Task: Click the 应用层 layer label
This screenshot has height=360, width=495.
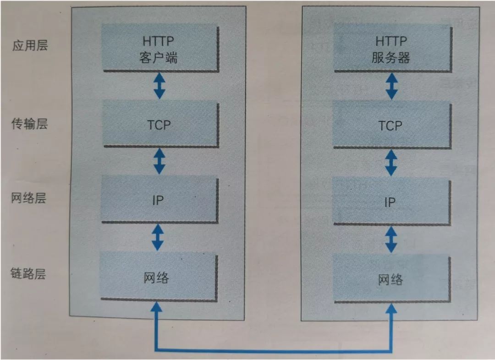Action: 30,45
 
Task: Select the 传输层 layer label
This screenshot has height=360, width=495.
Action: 29,124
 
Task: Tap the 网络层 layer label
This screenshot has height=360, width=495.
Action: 29,198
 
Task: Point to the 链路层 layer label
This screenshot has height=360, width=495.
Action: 29,274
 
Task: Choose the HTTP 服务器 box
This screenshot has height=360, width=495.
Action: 391,49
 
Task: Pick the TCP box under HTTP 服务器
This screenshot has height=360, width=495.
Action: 391,125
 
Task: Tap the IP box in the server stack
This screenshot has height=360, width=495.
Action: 391,202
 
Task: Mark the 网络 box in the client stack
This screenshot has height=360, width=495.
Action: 158,277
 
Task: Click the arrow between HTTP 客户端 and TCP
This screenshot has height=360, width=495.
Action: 159,86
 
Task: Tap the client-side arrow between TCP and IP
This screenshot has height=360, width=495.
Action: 159,161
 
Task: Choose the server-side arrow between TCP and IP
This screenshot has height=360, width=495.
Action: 391,162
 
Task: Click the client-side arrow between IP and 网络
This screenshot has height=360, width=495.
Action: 158,236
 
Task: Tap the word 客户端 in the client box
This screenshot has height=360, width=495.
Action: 158,58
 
